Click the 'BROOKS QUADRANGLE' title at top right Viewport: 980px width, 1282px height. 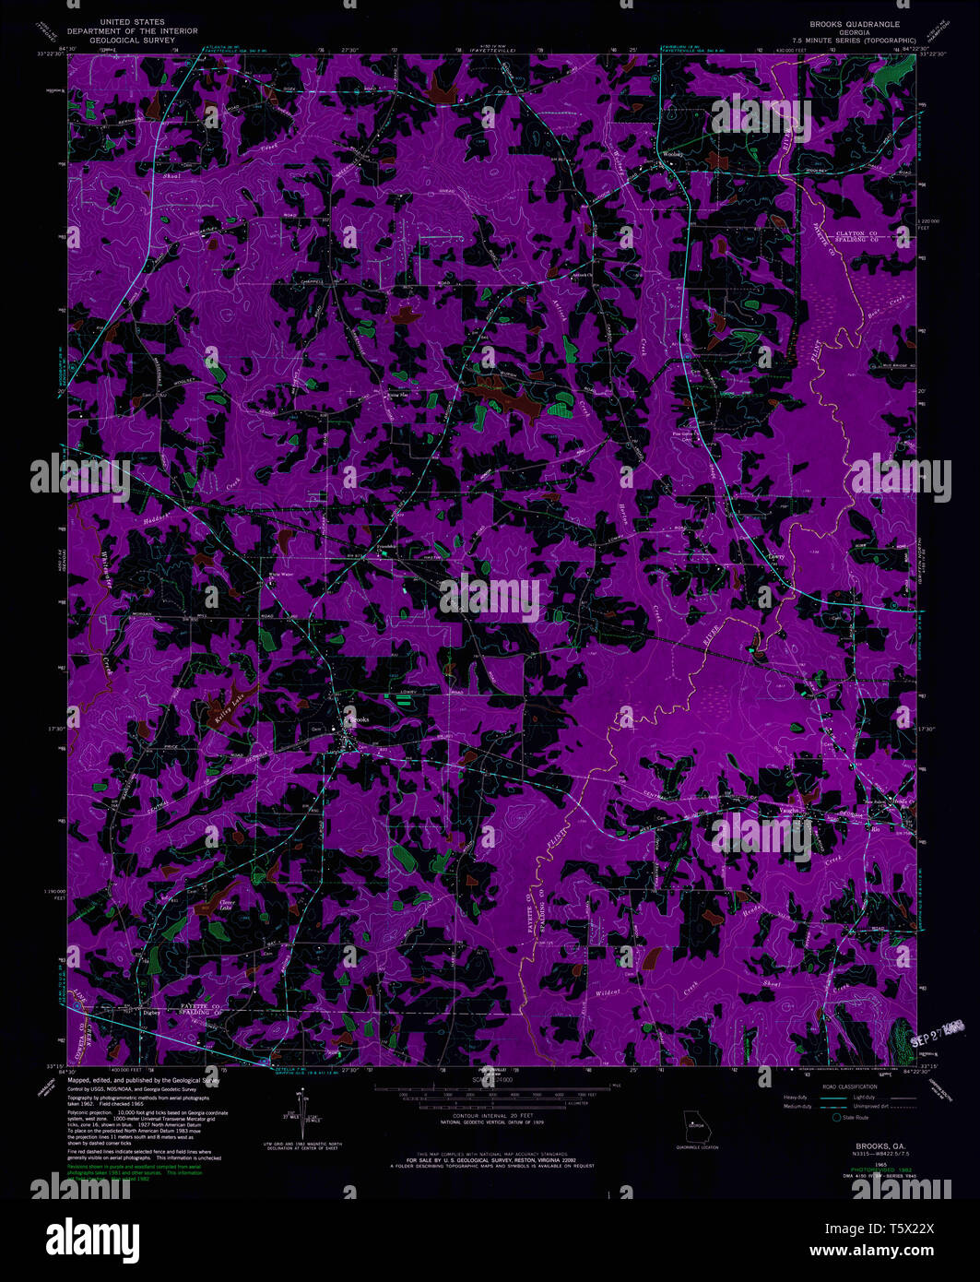point(855,23)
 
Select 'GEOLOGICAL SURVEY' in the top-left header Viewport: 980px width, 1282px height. point(132,41)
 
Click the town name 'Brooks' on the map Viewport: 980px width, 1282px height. point(357,719)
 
